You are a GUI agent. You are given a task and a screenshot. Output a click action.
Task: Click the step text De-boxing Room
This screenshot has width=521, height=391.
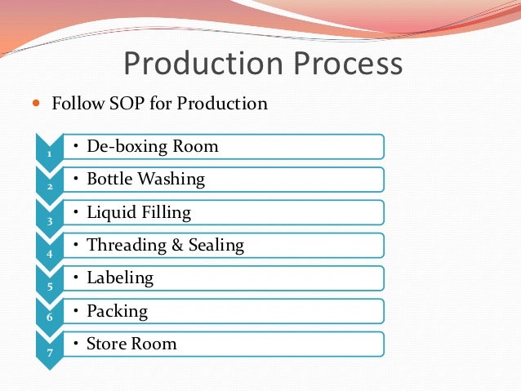152,147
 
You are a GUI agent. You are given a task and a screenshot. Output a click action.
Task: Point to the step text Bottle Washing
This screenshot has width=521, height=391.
145,180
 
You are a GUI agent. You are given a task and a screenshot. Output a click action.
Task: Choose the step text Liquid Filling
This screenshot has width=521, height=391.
138,212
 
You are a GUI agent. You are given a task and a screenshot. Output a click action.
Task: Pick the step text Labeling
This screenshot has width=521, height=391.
119,278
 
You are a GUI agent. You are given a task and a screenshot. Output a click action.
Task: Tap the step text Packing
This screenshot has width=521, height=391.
117,311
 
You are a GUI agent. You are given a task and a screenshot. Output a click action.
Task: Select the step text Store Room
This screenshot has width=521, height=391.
131,343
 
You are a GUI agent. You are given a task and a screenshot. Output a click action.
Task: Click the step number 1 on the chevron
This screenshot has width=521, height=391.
49,153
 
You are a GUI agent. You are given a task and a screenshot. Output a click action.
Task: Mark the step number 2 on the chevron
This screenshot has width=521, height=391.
49,186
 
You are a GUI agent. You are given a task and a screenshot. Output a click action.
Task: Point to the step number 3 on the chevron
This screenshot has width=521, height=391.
49,220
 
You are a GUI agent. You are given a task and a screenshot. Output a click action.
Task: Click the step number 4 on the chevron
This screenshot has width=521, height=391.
49,252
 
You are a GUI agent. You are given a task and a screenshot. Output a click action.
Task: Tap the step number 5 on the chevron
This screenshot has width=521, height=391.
49,285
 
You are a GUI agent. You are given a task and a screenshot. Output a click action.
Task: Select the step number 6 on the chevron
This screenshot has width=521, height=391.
49,318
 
